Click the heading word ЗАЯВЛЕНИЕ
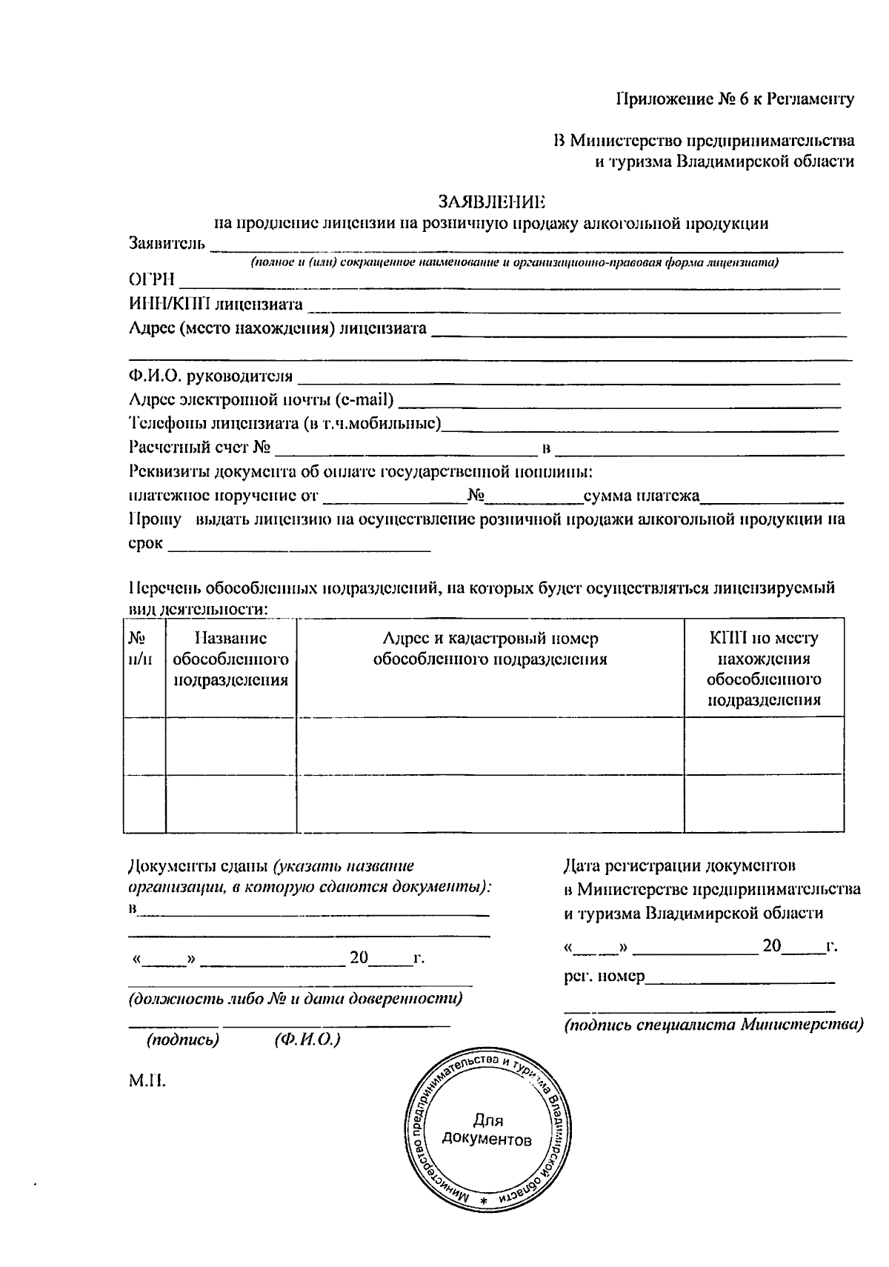point(491,202)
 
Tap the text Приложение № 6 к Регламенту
point(736,99)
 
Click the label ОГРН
point(152,279)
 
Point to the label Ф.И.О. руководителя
point(211,376)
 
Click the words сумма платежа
point(642,496)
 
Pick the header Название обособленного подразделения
point(230,659)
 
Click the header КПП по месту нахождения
point(764,648)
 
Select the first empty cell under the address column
point(490,745)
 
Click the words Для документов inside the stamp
point(487,1129)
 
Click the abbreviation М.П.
point(147,1081)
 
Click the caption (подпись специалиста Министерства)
point(713,1025)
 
